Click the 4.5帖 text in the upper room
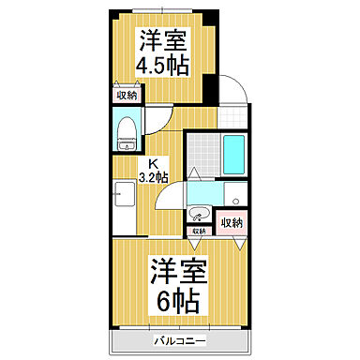(161, 67)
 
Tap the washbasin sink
(200, 210)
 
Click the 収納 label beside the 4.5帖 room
(126, 96)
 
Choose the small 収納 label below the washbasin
(199, 230)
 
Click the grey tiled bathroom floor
(202, 154)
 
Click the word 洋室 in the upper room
(161, 39)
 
